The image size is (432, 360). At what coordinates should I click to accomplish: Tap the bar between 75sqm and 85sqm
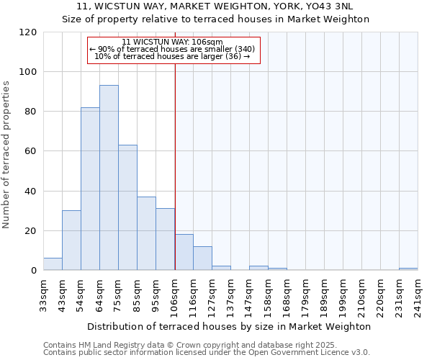(127, 207)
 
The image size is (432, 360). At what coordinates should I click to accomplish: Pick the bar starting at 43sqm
(71, 240)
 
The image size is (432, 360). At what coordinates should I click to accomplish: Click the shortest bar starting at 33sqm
(53, 264)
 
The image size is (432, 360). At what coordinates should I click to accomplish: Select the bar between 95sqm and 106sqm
(165, 239)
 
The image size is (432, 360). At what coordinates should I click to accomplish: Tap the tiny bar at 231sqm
(408, 269)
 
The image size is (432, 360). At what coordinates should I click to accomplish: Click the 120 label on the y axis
(29, 32)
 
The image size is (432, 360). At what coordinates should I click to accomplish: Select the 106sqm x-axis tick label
(175, 294)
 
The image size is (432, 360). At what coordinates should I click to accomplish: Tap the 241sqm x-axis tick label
(418, 294)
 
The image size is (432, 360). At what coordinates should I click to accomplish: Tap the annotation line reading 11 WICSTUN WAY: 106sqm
(172, 42)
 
